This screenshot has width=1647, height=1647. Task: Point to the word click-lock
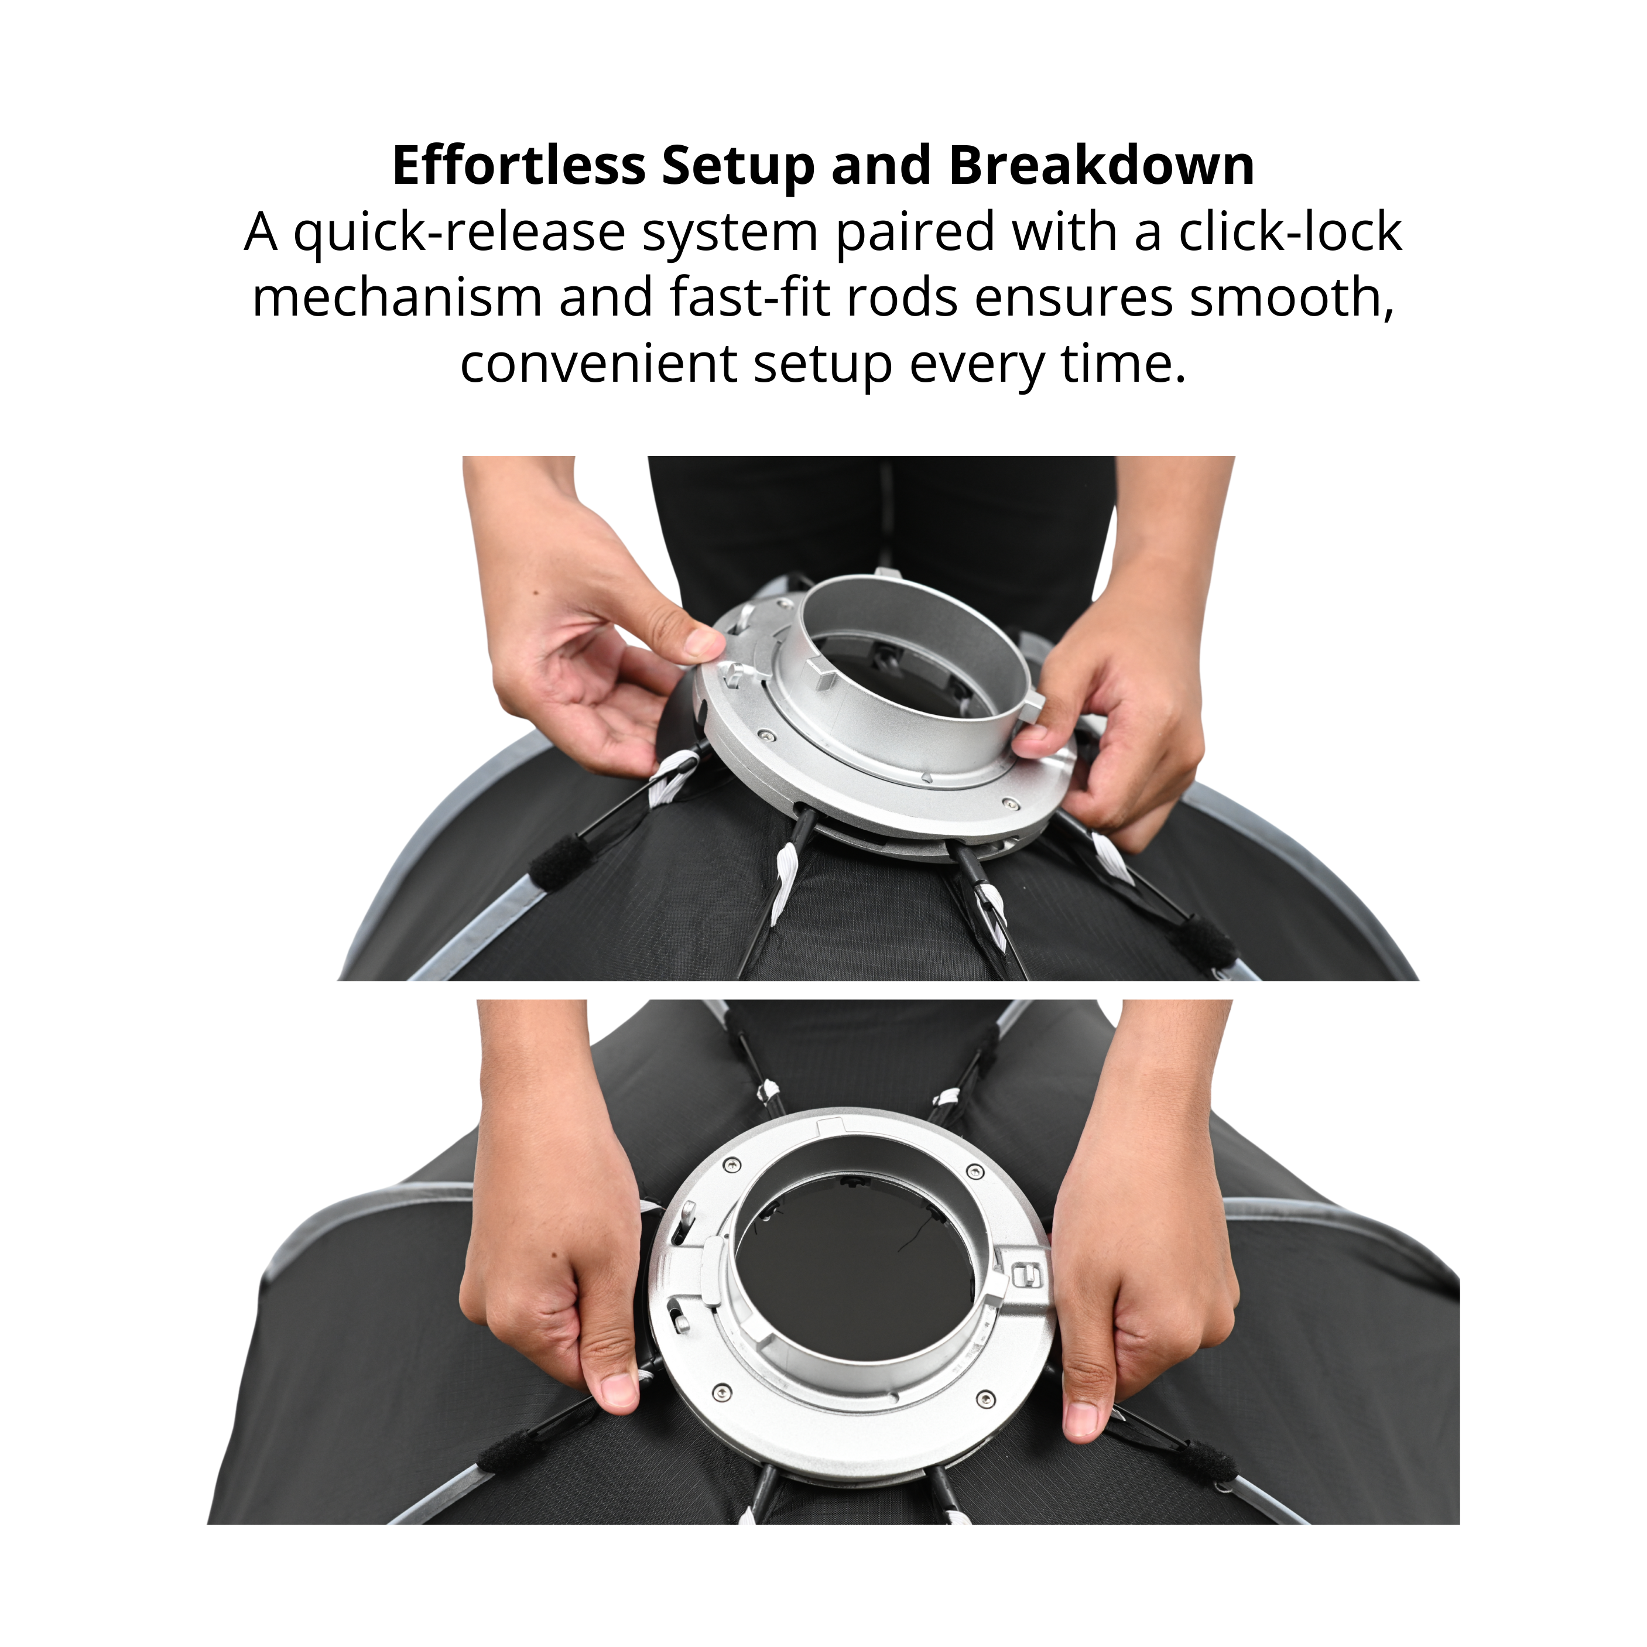coord(1290,232)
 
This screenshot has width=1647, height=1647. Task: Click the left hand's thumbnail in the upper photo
coord(704,641)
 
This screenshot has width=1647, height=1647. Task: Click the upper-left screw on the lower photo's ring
coord(731,1165)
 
